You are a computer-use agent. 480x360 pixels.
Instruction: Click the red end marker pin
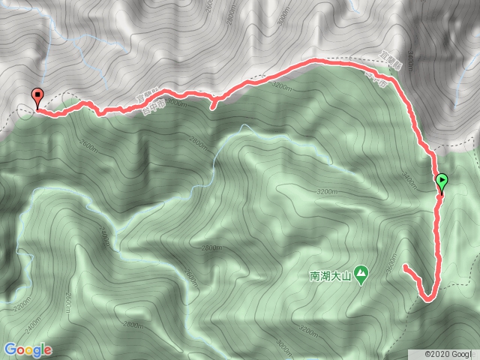click(x=37, y=96)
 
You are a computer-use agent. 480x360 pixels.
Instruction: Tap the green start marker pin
click(x=442, y=181)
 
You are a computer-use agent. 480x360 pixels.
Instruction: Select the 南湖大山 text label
click(x=331, y=275)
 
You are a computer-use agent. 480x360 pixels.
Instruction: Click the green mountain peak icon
click(x=361, y=275)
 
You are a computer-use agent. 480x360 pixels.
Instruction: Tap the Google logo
click(x=27, y=349)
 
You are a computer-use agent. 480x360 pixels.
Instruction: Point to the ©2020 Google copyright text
click(x=450, y=353)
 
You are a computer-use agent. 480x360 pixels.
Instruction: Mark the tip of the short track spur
click(x=213, y=108)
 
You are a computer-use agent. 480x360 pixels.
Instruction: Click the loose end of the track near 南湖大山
click(x=405, y=266)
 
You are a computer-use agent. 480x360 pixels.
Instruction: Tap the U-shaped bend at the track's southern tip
click(x=427, y=298)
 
